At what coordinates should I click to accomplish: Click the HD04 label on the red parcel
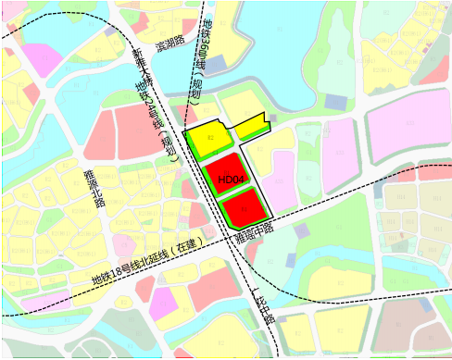tap(231, 179)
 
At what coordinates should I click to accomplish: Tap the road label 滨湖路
tap(171, 43)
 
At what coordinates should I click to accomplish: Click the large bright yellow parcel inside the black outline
tap(207, 140)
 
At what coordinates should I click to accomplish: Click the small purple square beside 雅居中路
tap(301, 230)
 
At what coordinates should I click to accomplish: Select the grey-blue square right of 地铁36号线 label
tap(216, 66)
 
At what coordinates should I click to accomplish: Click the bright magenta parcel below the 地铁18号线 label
tap(165, 301)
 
